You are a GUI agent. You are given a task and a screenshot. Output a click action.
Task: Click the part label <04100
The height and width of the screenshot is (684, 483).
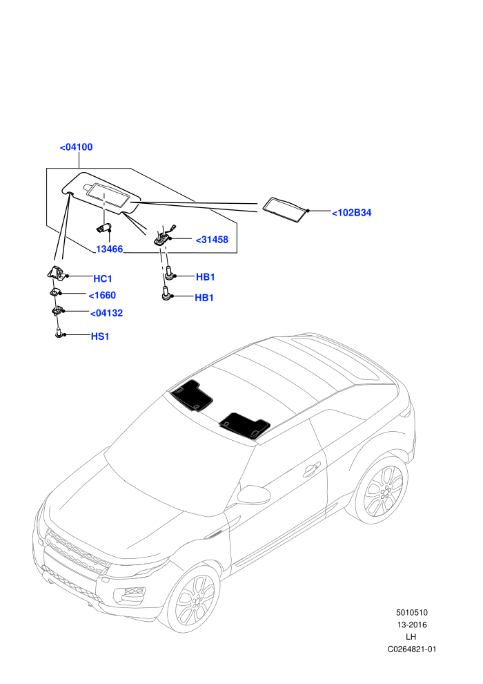pos(76,147)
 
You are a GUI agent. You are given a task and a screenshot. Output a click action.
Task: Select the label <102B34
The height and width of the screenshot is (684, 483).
pos(351,213)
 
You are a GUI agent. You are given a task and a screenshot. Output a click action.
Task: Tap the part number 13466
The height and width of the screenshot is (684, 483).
pos(109,249)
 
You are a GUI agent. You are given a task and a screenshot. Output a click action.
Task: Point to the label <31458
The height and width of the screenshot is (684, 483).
pos(212,240)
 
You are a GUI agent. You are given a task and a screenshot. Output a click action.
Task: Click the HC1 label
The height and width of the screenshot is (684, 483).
pos(103,278)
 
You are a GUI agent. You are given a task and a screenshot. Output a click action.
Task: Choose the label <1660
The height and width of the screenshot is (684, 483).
pos(102,295)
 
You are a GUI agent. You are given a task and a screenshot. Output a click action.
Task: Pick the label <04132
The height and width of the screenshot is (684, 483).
pos(106,313)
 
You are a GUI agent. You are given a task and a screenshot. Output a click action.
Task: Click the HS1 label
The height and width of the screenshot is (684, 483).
pos(100,336)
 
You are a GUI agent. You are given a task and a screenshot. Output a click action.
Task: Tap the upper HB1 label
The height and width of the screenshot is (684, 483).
pos(205,277)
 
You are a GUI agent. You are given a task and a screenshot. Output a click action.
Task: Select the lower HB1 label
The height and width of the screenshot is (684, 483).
pos(204,298)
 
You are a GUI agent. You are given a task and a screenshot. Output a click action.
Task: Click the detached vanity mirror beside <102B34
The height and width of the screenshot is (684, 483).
pos(285,210)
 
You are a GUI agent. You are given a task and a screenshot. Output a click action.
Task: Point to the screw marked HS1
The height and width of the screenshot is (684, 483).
pos(59,334)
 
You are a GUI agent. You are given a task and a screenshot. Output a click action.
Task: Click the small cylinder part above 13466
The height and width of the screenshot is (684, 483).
pos(103,227)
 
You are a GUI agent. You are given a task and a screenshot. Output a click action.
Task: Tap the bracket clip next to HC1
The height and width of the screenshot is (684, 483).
pos(56,273)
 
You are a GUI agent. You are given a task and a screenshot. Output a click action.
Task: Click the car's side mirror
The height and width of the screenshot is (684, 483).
pos(253,494)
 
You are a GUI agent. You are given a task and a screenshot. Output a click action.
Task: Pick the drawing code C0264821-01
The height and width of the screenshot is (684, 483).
pos(411,649)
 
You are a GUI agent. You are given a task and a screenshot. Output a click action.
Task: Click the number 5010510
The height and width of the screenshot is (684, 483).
pos(411,612)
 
